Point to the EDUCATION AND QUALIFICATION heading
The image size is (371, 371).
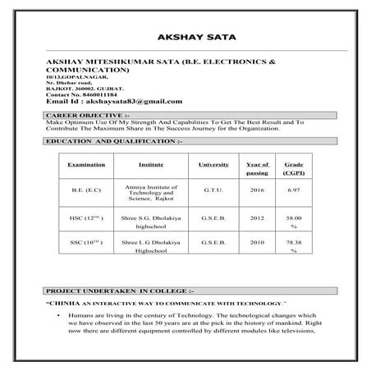(114, 141)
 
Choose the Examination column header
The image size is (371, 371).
(86, 165)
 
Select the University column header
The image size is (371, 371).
(213, 165)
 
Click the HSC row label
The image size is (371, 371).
(85, 219)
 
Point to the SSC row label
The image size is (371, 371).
(85, 244)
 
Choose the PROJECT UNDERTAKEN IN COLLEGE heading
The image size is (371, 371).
(120, 291)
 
